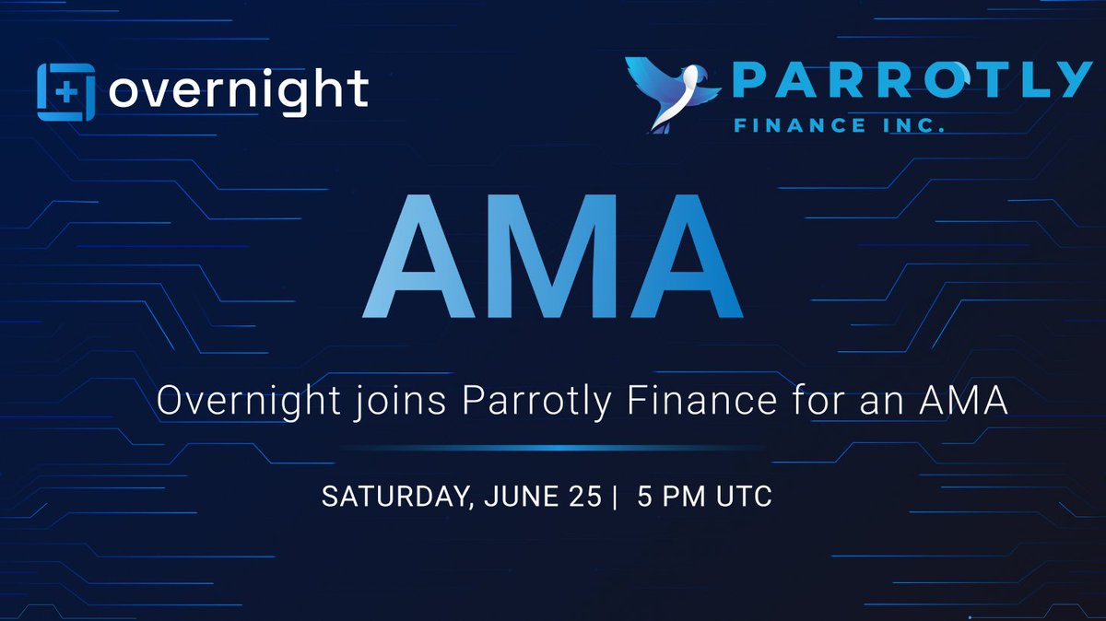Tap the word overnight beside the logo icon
pyautogui.click(x=239, y=91)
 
